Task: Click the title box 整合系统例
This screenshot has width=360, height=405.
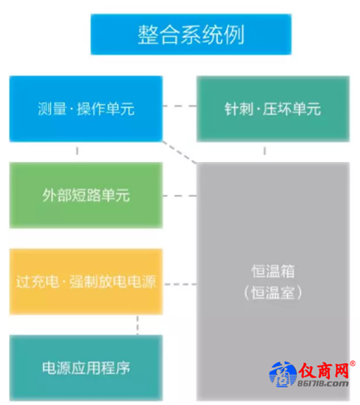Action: [x=191, y=34]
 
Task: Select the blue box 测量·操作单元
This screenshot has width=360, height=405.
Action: [x=86, y=109]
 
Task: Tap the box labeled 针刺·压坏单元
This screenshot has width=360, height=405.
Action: [x=273, y=109]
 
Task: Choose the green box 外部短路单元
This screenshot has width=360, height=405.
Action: [x=86, y=195]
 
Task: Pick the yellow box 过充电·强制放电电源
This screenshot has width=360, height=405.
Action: [x=86, y=281]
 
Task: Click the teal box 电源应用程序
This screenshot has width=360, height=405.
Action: [x=86, y=367]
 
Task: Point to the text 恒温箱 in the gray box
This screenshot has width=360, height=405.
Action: [x=273, y=271]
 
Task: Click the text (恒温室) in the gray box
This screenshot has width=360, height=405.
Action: [x=273, y=292]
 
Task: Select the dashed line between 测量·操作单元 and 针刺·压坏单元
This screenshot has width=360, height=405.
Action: [x=179, y=106]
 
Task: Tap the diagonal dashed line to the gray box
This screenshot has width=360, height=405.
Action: [x=179, y=152]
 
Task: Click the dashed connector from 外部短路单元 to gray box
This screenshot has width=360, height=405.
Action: [x=179, y=196]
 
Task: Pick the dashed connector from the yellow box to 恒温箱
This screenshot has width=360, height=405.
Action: [x=180, y=284]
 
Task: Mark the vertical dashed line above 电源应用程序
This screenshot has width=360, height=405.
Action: [x=137, y=325]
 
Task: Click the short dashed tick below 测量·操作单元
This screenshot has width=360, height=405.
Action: [x=77, y=151]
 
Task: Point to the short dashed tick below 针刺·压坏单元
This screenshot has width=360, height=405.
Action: [x=265, y=151]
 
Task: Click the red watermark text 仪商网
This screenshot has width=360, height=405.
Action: [x=324, y=370]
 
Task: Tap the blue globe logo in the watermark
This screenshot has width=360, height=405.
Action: [x=283, y=374]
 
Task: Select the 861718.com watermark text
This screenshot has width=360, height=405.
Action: [x=323, y=383]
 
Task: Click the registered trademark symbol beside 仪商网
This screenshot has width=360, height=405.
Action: [x=352, y=364]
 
